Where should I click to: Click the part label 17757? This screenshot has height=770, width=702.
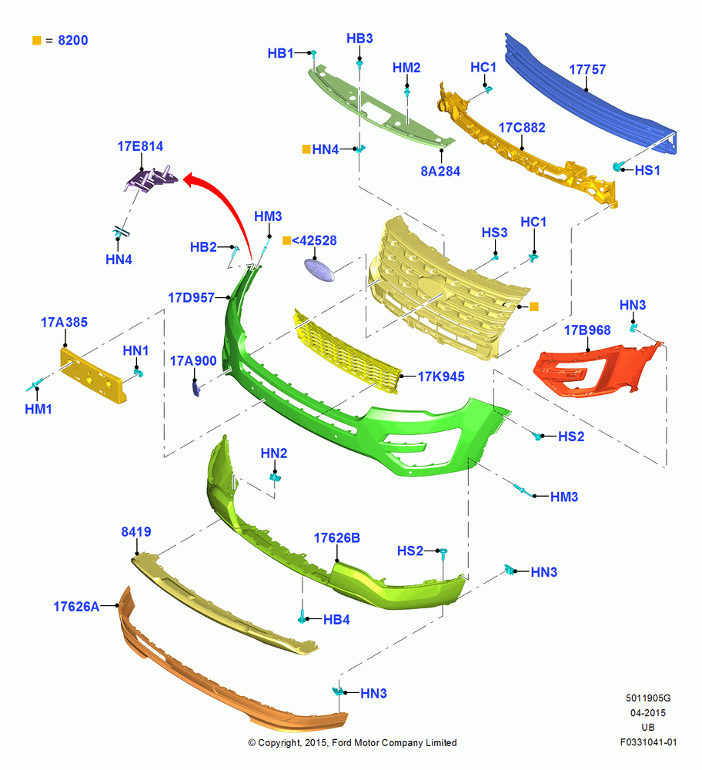pyautogui.click(x=587, y=70)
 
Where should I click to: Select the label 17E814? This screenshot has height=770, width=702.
pyautogui.click(x=140, y=146)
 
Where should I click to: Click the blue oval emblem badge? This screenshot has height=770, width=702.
pyautogui.click(x=319, y=270)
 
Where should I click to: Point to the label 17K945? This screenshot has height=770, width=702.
pyautogui.click(x=441, y=377)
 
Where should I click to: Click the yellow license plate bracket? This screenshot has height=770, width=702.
pyautogui.click(x=93, y=376)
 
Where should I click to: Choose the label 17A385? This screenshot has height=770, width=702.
pyautogui.click(x=65, y=323)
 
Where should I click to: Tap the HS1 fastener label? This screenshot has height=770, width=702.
pyautogui.click(x=647, y=170)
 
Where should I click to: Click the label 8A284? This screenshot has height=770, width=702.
pyautogui.click(x=440, y=172)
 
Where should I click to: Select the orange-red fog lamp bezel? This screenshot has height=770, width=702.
pyautogui.click(x=597, y=370)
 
